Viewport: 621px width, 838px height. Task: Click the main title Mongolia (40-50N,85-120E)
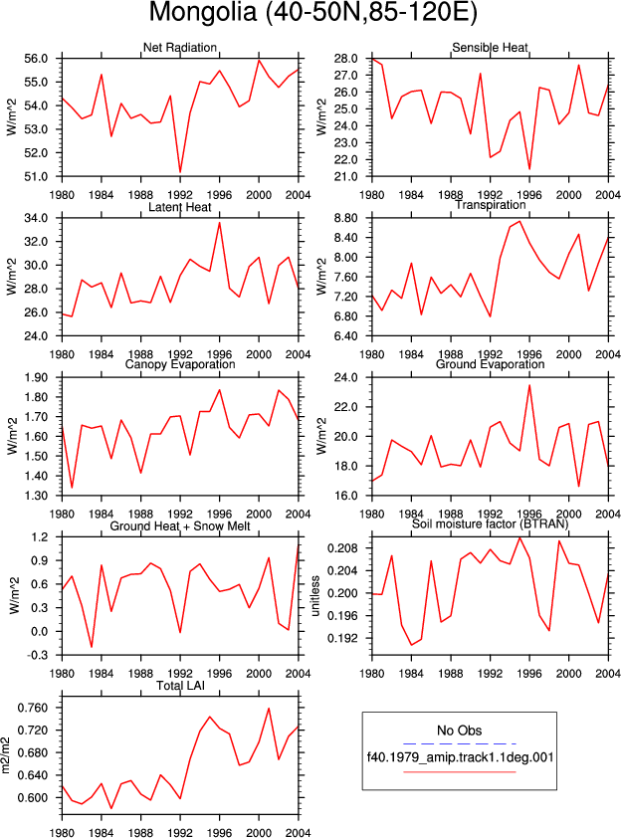(312, 12)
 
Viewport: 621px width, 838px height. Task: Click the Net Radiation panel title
(179, 48)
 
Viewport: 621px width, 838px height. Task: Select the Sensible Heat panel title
(490, 48)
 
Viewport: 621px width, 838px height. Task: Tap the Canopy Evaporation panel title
(179, 364)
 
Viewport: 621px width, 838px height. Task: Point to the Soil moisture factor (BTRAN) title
(490, 524)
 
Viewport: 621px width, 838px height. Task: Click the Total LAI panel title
(180, 686)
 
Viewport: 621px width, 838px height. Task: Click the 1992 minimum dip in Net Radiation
(180, 172)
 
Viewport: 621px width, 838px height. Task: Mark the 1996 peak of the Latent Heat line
(219, 223)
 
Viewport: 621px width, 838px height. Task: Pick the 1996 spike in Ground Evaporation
(529, 385)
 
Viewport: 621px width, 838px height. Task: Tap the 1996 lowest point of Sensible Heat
(529, 169)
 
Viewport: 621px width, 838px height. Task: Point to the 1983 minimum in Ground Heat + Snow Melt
(92, 647)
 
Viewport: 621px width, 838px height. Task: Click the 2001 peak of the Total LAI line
(269, 709)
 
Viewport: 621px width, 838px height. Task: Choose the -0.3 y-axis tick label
(37, 655)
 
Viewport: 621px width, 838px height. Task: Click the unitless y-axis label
(315, 596)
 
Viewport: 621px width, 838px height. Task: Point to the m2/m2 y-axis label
(6, 755)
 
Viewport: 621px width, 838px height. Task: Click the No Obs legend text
(459, 731)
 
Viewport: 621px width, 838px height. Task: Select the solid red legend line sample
(459, 771)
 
